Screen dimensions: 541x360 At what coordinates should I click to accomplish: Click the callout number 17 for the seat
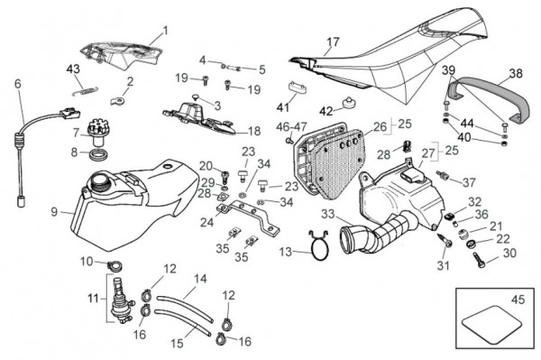tap(333, 42)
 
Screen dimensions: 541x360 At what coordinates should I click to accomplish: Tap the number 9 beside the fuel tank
tap(54, 212)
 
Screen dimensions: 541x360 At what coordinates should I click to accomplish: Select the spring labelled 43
tap(85, 91)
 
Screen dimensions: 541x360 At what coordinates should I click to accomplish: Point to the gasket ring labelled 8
tap(98, 154)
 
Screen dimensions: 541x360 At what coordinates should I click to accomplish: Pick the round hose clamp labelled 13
tap(318, 246)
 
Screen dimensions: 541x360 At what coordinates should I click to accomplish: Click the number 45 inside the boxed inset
tap(518, 300)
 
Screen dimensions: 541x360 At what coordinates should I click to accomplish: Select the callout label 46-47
tap(291, 126)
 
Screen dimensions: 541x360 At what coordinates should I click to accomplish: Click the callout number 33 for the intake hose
tap(328, 214)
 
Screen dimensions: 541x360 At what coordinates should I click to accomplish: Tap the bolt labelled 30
tap(480, 260)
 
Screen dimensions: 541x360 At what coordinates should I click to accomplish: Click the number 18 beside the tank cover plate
tap(254, 131)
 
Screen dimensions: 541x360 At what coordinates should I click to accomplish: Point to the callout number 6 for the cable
tap(18, 84)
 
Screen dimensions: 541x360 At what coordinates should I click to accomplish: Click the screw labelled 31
tap(445, 240)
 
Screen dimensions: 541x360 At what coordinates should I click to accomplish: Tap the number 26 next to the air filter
tap(381, 126)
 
